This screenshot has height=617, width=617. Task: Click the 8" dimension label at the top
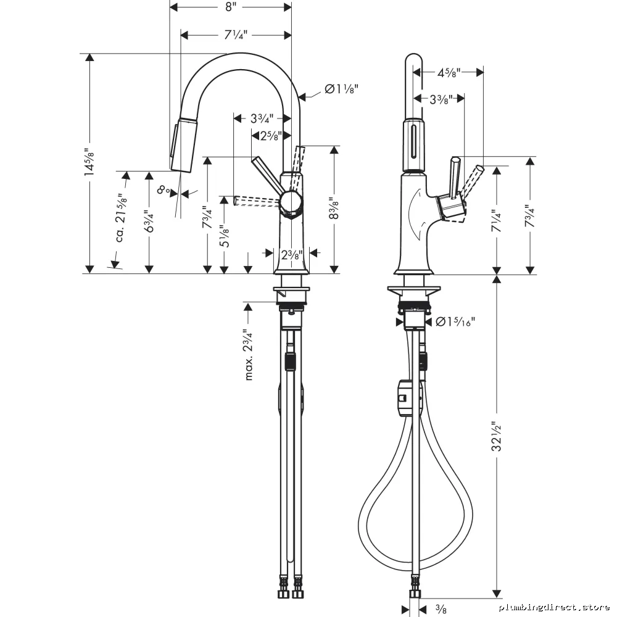(x=230, y=7)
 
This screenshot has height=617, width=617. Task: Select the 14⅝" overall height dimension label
(x=89, y=164)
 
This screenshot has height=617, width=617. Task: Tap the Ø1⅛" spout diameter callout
(x=342, y=89)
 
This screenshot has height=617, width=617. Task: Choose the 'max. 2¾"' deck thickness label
(x=249, y=355)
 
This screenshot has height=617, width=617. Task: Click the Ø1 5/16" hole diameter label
(x=456, y=322)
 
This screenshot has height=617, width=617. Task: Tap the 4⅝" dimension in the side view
(x=449, y=72)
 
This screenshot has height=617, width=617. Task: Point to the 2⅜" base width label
(x=292, y=255)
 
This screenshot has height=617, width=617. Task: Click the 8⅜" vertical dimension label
(x=334, y=209)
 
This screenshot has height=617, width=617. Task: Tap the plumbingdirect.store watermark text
(x=555, y=607)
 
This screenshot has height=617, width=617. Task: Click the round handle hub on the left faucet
(x=291, y=202)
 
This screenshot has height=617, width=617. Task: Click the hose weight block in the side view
(x=405, y=398)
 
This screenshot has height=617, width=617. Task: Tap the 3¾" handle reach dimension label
(x=262, y=118)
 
